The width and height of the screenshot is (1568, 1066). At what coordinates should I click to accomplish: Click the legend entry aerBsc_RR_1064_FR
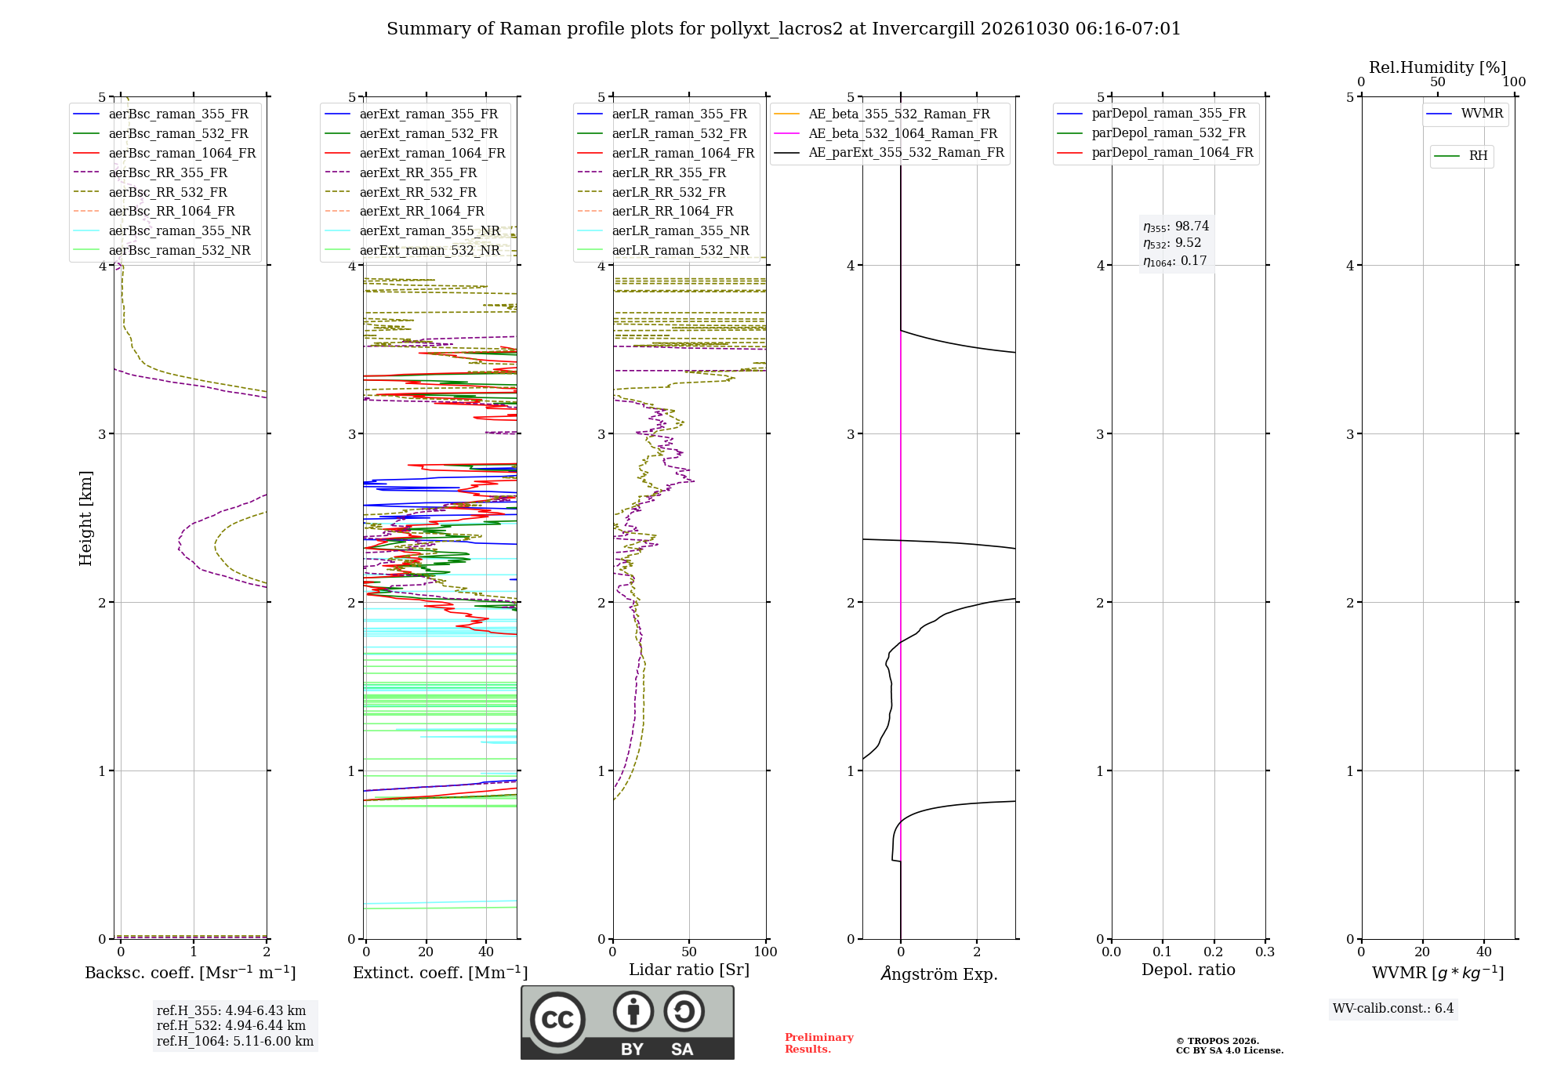[171, 212]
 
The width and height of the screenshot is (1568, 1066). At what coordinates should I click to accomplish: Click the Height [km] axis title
[85, 518]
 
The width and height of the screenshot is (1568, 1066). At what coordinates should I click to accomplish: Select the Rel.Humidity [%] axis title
[1438, 67]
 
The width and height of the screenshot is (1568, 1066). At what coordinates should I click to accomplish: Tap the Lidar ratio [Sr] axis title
[689, 970]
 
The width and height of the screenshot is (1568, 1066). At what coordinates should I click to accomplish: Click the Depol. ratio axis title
[1189, 970]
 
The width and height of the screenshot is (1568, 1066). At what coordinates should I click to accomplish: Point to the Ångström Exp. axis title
[939, 974]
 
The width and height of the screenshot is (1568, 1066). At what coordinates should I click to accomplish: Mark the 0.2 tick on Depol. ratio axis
[1214, 952]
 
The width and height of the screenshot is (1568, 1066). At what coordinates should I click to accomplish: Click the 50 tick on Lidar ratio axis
[689, 952]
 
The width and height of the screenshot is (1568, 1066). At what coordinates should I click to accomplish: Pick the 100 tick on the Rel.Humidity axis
[1514, 82]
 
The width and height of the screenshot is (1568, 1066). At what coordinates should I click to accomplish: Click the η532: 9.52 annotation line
[1172, 244]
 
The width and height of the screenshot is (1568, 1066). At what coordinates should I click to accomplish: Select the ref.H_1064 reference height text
[235, 1042]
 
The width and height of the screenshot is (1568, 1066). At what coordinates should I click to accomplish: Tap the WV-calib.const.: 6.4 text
[1393, 1009]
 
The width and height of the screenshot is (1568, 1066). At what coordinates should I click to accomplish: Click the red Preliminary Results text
[819, 1043]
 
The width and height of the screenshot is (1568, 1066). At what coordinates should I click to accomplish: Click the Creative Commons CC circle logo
[557, 1020]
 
